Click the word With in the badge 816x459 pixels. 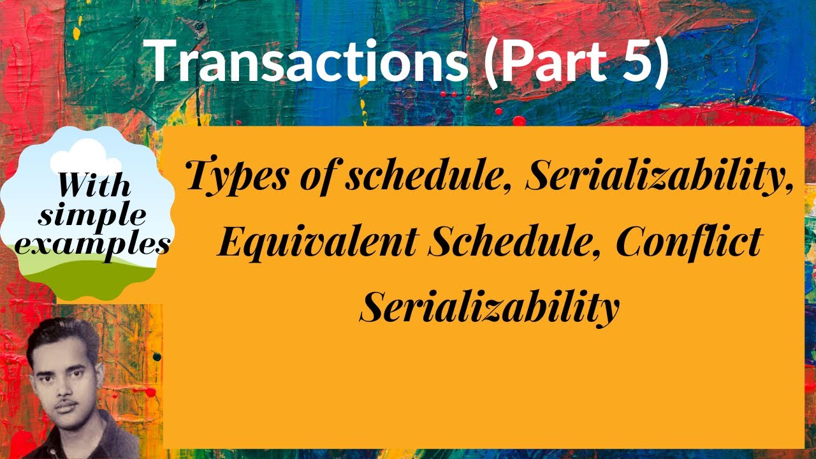click(x=94, y=186)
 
